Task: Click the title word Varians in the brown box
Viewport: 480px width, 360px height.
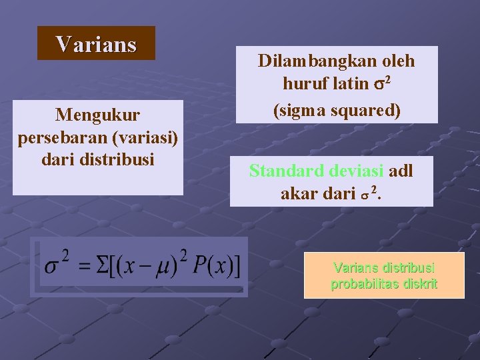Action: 96,44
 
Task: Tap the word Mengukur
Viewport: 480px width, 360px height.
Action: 98,115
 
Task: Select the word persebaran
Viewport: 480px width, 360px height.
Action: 55,137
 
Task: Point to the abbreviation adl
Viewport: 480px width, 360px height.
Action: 401,171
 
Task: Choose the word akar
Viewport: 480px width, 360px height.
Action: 300,194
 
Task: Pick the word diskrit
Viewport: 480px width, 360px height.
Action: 419,285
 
